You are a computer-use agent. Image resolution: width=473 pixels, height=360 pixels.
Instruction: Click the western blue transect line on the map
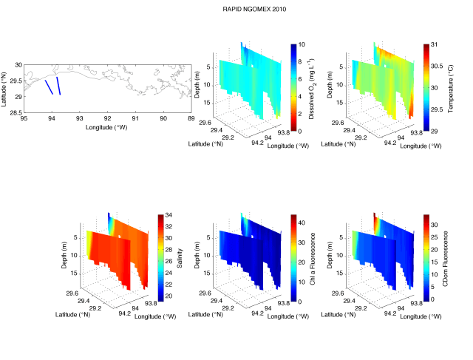click(49, 86)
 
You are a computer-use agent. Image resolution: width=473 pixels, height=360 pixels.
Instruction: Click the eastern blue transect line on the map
click(58, 85)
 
